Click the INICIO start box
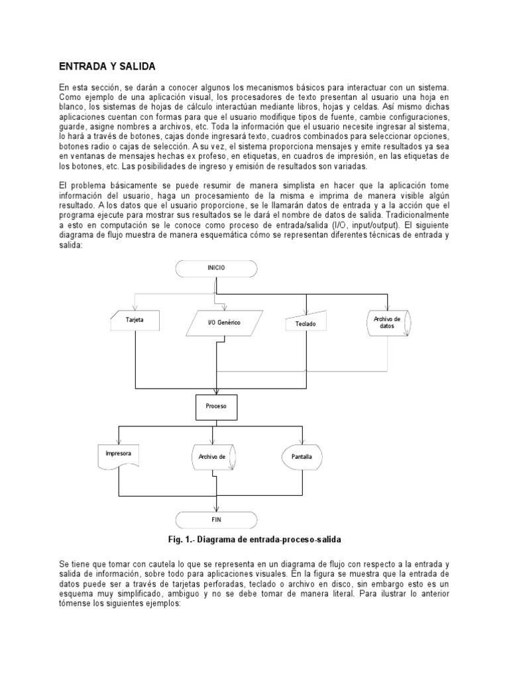click(216, 267)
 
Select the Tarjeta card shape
click(135, 320)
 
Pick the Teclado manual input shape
click(304, 323)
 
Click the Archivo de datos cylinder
click(387, 322)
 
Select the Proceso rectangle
click(216, 407)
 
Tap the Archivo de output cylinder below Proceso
click(213, 458)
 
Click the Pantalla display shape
click(302, 457)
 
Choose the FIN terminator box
click(215, 520)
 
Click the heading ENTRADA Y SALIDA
click(107, 67)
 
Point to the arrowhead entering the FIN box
click(215, 508)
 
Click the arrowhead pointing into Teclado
click(305, 311)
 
